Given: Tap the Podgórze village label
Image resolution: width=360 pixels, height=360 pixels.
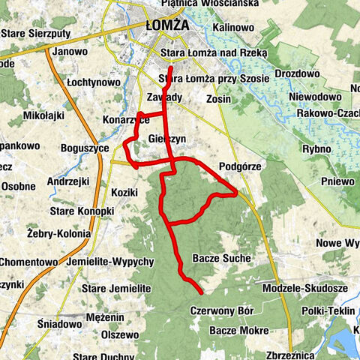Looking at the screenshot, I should (x=239, y=166).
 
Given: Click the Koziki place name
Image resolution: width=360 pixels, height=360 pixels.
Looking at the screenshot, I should (x=124, y=192).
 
